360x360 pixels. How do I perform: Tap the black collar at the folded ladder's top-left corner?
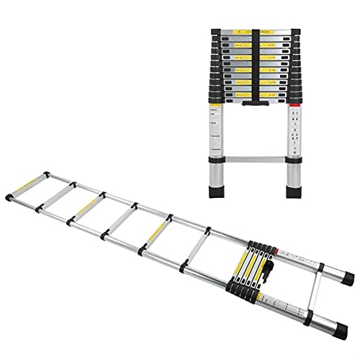coord(217,33)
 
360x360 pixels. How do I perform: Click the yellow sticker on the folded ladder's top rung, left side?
coord(238,36)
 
